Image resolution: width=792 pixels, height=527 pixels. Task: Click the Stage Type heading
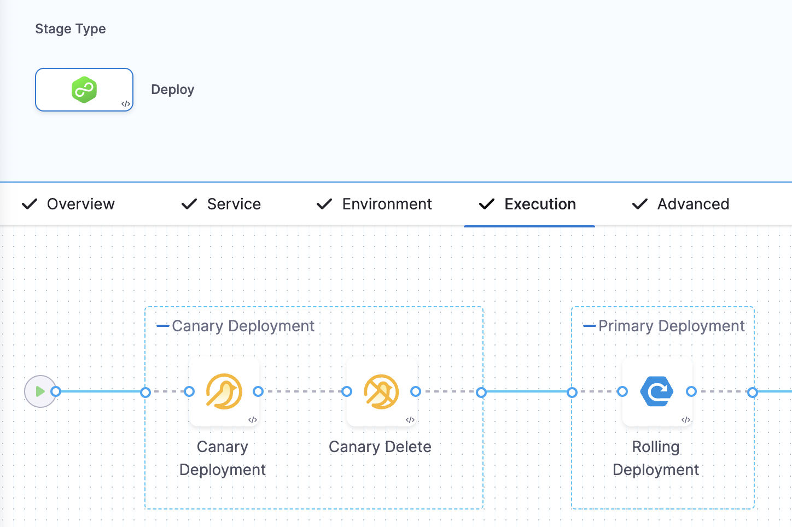click(71, 29)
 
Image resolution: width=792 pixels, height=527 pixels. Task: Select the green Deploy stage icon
click(84, 90)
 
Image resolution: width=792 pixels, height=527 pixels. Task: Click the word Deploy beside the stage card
click(172, 90)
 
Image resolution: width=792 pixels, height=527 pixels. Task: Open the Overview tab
click(80, 204)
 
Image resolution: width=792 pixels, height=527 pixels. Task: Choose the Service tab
click(234, 204)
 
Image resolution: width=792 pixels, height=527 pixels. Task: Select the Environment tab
click(387, 204)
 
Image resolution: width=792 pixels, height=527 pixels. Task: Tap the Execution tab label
click(540, 204)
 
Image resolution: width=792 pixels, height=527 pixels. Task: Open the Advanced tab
click(693, 204)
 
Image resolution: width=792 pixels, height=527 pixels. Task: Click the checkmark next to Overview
click(30, 204)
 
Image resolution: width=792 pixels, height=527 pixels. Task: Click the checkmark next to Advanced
click(640, 204)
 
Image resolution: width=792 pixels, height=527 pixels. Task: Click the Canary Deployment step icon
click(224, 391)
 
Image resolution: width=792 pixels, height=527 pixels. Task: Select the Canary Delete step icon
click(381, 391)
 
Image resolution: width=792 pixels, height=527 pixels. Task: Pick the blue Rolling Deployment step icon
click(657, 391)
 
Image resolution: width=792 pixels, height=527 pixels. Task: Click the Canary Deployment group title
click(243, 326)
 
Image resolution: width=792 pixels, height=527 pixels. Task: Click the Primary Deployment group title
click(671, 326)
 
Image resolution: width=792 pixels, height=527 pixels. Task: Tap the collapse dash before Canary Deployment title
click(162, 326)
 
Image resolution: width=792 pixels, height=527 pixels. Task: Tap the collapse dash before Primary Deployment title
click(589, 326)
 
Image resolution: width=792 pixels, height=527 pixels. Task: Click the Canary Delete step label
click(380, 447)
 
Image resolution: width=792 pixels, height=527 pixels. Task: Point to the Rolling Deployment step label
click(655, 458)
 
